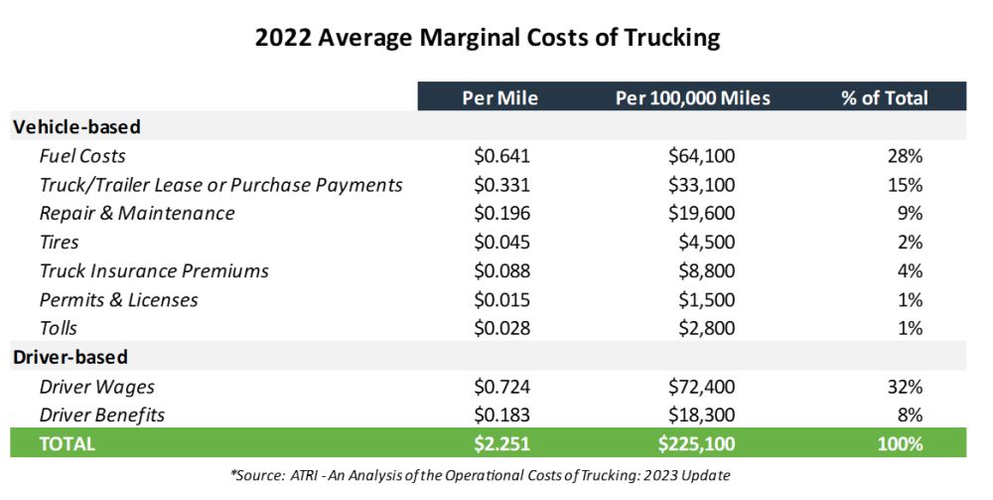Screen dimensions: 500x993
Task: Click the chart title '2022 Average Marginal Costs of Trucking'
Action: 488,39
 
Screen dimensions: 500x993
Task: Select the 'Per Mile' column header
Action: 500,97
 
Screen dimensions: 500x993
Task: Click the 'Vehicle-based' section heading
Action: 76,126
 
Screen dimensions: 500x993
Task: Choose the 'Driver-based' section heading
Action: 71,356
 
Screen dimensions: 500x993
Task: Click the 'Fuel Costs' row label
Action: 82,156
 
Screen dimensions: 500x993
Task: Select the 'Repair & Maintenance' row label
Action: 137,214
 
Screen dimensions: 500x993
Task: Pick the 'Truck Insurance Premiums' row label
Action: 154,271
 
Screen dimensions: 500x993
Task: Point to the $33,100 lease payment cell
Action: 701,185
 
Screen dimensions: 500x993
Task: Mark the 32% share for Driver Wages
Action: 908,387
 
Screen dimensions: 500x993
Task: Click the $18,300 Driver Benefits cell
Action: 701,416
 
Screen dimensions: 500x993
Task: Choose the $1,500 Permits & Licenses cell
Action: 706,300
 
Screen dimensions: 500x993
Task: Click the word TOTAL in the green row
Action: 68,444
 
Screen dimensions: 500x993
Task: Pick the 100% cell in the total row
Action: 903,444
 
